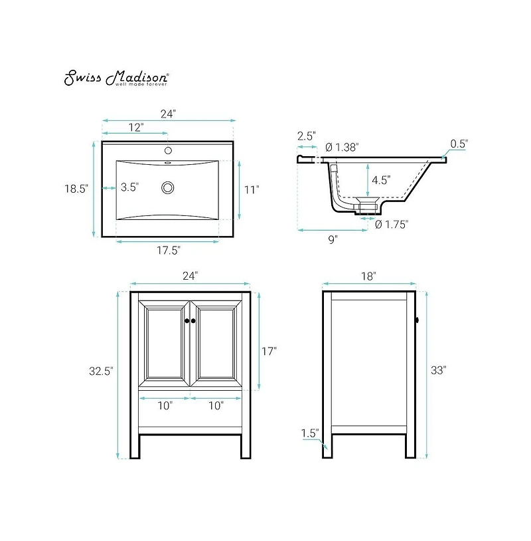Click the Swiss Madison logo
(x=116, y=78)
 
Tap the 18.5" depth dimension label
(x=76, y=189)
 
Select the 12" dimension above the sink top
(x=135, y=128)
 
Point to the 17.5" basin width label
(x=168, y=250)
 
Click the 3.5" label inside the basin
(x=129, y=188)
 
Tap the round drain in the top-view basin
(x=168, y=188)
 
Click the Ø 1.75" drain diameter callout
(x=392, y=225)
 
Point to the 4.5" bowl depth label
(x=381, y=180)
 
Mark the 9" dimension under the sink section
(x=333, y=239)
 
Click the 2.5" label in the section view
(x=307, y=136)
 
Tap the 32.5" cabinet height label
(x=102, y=372)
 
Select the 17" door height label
(x=269, y=352)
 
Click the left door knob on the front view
(x=187, y=321)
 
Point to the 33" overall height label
(x=438, y=371)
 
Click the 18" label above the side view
(x=369, y=275)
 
